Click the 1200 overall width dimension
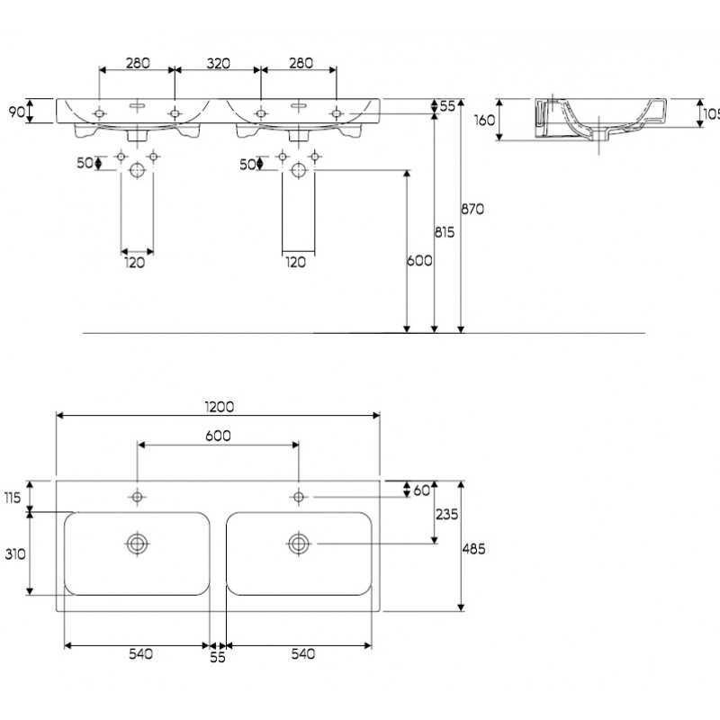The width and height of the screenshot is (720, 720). tap(219, 407)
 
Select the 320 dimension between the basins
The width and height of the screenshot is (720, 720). tap(218, 63)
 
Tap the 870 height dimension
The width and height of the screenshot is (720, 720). tap(472, 210)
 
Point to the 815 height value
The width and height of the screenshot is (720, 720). tap(445, 232)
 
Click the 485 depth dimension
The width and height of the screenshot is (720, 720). tap(473, 549)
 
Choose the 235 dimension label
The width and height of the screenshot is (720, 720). tap(446, 514)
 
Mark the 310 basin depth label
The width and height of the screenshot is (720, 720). tap(15, 554)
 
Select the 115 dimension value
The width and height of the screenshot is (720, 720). tap(13, 498)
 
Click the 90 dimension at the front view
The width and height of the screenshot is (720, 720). tap(17, 112)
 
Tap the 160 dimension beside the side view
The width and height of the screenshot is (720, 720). tap(484, 121)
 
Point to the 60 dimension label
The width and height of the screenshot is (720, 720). tap(421, 490)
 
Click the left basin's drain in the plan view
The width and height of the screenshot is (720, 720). tap(137, 544)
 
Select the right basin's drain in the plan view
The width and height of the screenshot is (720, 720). tap(299, 544)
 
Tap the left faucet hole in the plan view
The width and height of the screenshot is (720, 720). tap(137, 497)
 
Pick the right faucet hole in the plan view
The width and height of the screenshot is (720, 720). tap(299, 497)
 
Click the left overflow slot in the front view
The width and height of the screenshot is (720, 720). tap(137, 106)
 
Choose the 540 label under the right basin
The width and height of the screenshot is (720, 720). tap(303, 654)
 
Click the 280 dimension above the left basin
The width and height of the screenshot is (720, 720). tap(138, 63)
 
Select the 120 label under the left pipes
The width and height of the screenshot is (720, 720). tap(134, 263)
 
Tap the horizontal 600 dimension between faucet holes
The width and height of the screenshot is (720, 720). tap(218, 436)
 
